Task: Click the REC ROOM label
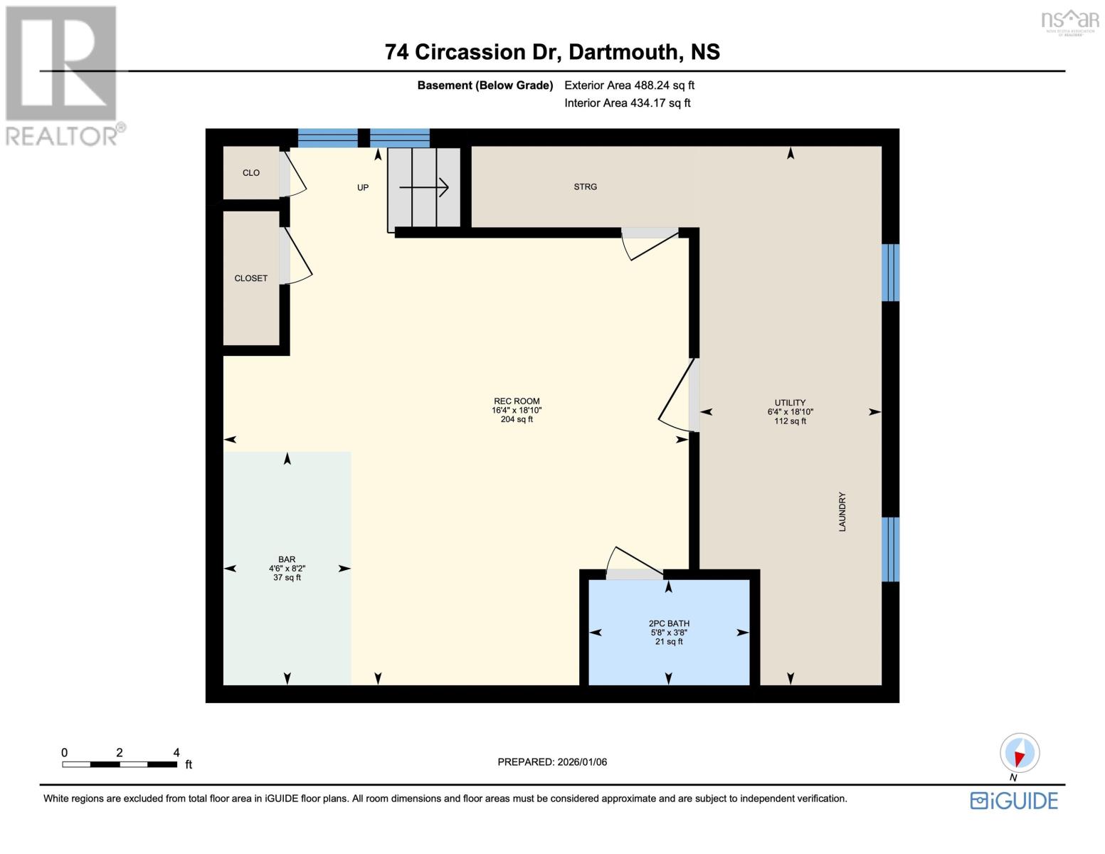click(517, 401)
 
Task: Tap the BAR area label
click(287, 560)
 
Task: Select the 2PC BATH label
click(669, 623)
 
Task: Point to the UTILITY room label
click(790, 403)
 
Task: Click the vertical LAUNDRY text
click(842, 512)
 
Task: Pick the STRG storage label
click(585, 187)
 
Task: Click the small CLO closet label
click(250, 173)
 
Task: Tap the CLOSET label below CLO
click(250, 278)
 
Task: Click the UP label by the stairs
click(363, 188)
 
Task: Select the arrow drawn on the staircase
click(424, 188)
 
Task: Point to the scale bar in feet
click(120, 764)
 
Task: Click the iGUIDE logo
click(1014, 801)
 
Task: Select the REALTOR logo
click(63, 75)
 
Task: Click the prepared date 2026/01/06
click(552, 762)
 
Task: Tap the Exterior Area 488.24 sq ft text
click(629, 85)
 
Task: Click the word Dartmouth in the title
click(623, 52)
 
